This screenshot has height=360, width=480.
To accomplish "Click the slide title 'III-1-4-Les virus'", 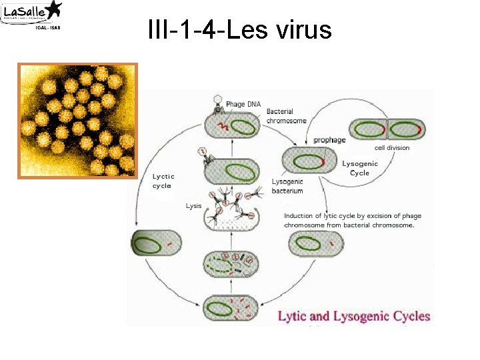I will [x=239, y=29].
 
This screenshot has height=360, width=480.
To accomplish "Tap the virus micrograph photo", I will [x=77, y=121].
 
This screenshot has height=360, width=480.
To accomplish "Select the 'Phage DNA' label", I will [x=244, y=104].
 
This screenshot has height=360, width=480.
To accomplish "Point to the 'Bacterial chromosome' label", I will [x=286, y=116].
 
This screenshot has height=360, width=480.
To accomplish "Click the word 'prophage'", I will [x=330, y=140].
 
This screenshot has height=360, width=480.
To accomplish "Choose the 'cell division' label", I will [x=392, y=147].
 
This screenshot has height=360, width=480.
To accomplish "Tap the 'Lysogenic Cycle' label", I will [x=360, y=168].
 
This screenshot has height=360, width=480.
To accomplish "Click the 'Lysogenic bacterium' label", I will [x=287, y=186].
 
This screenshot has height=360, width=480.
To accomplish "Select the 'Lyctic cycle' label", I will [x=163, y=181].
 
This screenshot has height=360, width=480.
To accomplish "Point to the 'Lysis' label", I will [x=193, y=206].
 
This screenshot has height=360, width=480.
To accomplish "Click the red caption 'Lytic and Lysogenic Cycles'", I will [x=354, y=316].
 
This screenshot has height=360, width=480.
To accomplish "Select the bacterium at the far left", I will [x=155, y=245].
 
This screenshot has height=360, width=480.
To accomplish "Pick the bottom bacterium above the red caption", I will [x=231, y=309].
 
